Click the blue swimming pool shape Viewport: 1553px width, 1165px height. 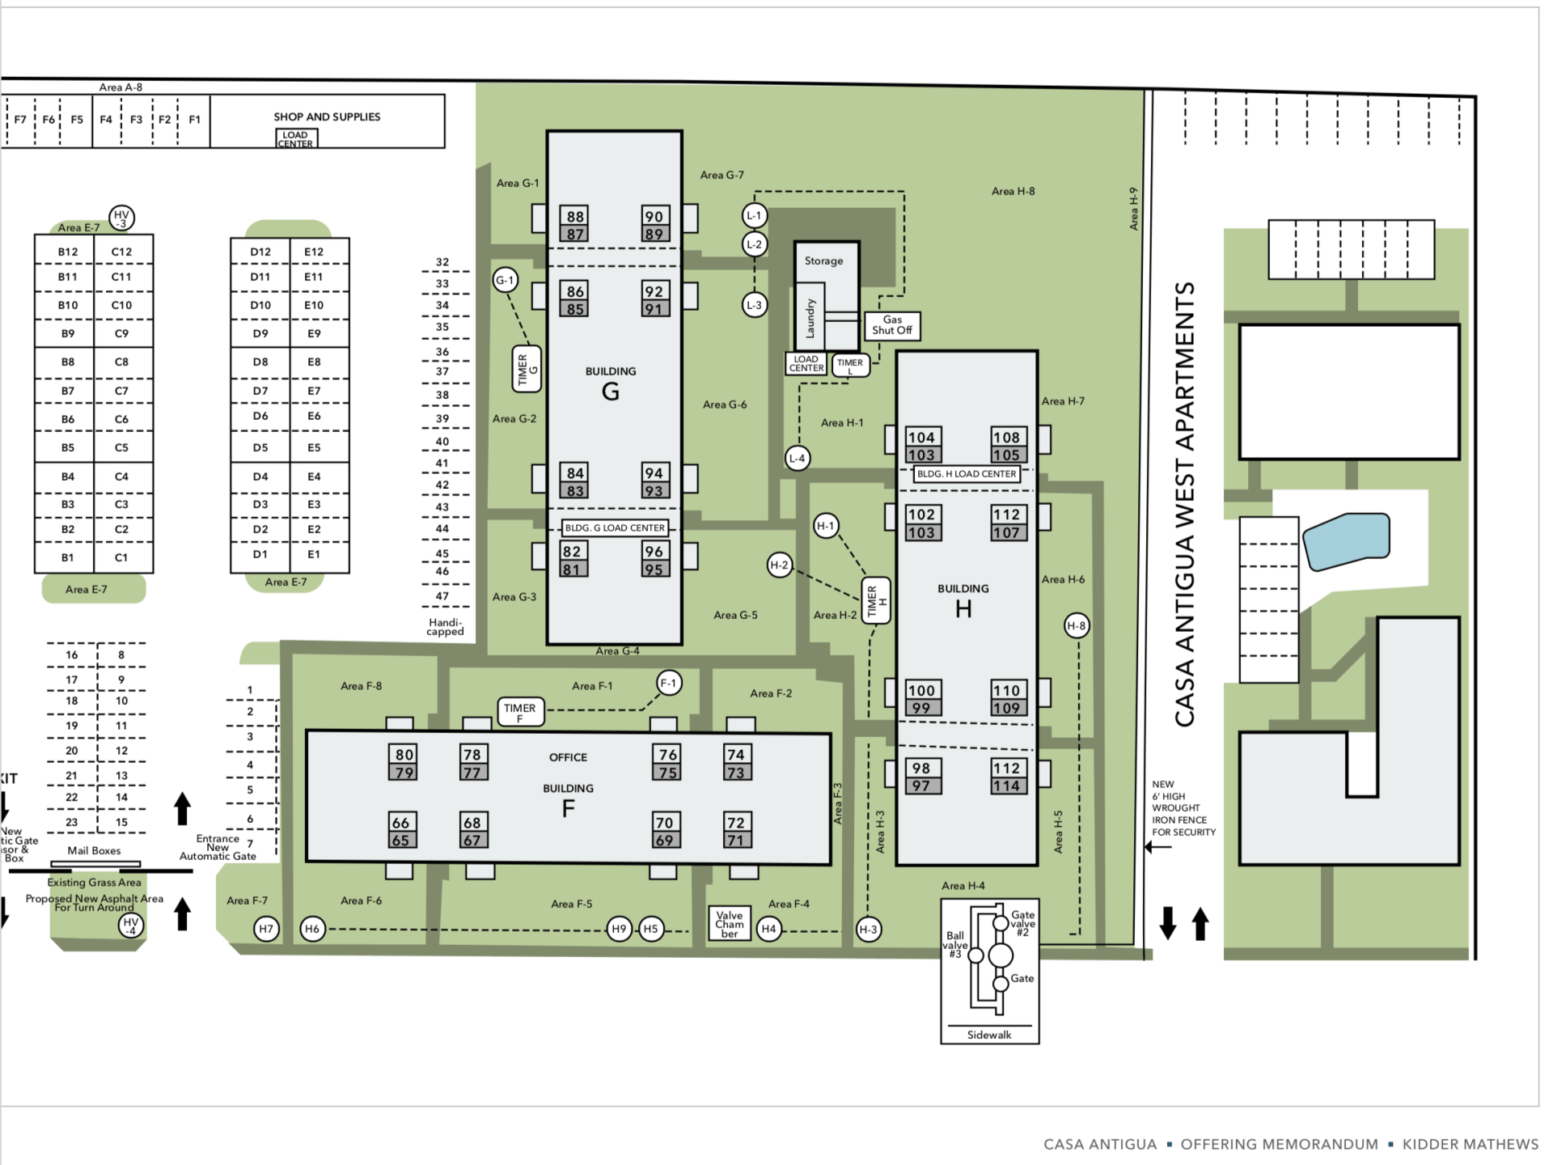click(1346, 540)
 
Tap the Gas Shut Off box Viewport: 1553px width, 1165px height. click(891, 325)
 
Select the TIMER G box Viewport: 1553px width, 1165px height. click(527, 369)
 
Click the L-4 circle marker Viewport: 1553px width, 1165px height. click(797, 458)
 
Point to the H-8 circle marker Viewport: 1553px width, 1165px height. click(1076, 625)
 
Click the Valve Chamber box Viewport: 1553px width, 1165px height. click(729, 924)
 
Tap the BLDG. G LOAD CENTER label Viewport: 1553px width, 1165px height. click(615, 527)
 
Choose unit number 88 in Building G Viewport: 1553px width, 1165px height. click(575, 216)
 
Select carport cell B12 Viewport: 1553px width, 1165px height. click(68, 252)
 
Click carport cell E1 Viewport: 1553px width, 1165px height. click(314, 555)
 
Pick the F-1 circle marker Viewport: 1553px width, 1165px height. click(668, 683)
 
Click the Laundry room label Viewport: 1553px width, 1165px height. click(810, 317)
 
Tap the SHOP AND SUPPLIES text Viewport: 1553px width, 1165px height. click(327, 116)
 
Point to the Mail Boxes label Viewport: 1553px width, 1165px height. click(94, 850)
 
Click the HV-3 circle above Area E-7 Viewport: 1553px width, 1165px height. click(121, 218)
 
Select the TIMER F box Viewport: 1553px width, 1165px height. click(519, 711)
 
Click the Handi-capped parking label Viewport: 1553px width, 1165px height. click(445, 627)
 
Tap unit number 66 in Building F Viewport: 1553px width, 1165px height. click(401, 822)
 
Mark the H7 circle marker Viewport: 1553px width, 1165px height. click(266, 929)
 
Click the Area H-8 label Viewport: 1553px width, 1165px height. click(1013, 191)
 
